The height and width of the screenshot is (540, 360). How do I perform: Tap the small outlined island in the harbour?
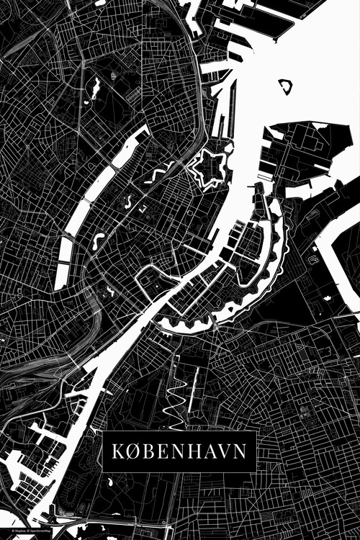point(287,87)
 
